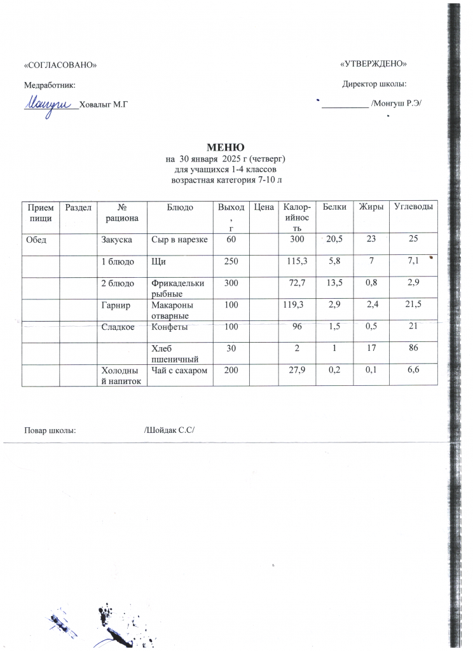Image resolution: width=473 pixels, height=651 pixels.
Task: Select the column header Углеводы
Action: click(414, 207)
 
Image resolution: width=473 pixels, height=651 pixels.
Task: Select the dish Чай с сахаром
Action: click(179, 370)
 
